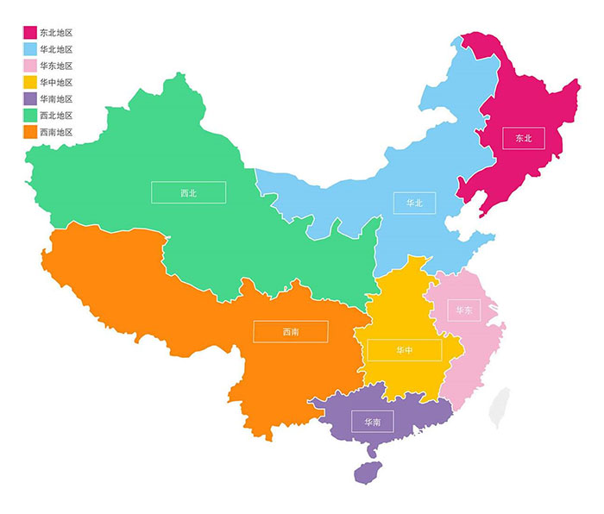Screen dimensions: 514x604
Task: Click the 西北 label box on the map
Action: click(x=188, y=192)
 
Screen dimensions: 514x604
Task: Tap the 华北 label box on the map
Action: click(x=414, y=203)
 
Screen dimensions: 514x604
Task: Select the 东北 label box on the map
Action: click(x=524, y=137)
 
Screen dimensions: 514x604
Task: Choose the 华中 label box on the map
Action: click(x=404, y=350)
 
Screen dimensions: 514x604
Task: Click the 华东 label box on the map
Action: click(x=464, y=310)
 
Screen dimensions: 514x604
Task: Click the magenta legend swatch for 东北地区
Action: click(x=29, y=33)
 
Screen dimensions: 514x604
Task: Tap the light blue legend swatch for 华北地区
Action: click(x=29, y=49)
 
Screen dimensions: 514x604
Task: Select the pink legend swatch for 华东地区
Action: click(x=29, y=66)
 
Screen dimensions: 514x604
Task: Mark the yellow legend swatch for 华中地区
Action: click(x=29, y=83)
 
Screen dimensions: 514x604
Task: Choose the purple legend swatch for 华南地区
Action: click(x=29, y=99)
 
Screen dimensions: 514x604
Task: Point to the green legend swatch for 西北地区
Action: click(x=29, y=116)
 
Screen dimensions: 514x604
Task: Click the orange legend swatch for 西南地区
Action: click(x=29, y=132)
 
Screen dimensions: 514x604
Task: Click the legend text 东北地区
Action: click(x=56, y=33)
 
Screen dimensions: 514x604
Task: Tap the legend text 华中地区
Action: click(x=56, y=83)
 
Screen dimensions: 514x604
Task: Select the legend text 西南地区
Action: click(x=56, y=132)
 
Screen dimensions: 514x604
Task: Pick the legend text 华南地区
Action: click(x=56, y=99)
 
